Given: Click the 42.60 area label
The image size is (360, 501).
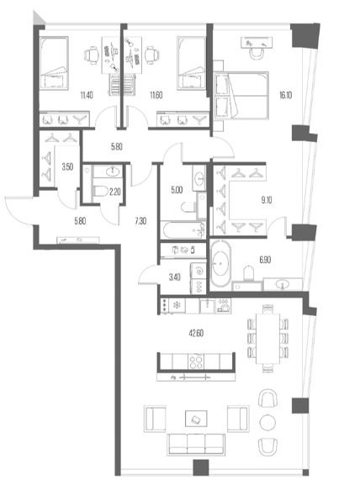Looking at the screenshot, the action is click(196, 333).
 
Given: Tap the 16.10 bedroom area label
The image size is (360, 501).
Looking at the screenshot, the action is click(285, 95).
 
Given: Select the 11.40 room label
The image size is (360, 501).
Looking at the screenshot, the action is click(87, 95).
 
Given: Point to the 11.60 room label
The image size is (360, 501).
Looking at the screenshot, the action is click(156, 95).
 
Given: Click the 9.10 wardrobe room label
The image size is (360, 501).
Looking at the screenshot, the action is click(267, 200).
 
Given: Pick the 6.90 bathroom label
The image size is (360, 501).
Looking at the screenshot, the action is click(265, 260).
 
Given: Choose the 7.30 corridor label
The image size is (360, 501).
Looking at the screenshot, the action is click(140, 221).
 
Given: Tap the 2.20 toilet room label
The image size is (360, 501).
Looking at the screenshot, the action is click(114, 192).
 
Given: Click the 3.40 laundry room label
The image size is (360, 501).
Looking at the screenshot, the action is click(175, 277).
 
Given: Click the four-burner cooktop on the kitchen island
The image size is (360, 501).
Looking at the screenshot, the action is click(196, 361).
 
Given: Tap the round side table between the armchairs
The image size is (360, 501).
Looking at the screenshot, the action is click(267, 423).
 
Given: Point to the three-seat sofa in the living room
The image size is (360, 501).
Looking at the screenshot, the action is click(196, 444).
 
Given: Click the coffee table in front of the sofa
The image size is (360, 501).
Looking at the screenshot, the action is click(196, 419).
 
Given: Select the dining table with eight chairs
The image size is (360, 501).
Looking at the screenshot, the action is click(268, 339).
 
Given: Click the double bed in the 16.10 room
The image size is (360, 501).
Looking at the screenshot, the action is click(241, 96).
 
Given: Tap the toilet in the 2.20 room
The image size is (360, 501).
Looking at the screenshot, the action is click(100, 191).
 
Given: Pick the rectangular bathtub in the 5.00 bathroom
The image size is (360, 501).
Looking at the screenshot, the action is click(183, 229).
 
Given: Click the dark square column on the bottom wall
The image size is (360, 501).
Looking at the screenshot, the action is click(201, 467).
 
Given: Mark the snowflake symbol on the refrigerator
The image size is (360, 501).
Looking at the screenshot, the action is click(176, 305).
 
